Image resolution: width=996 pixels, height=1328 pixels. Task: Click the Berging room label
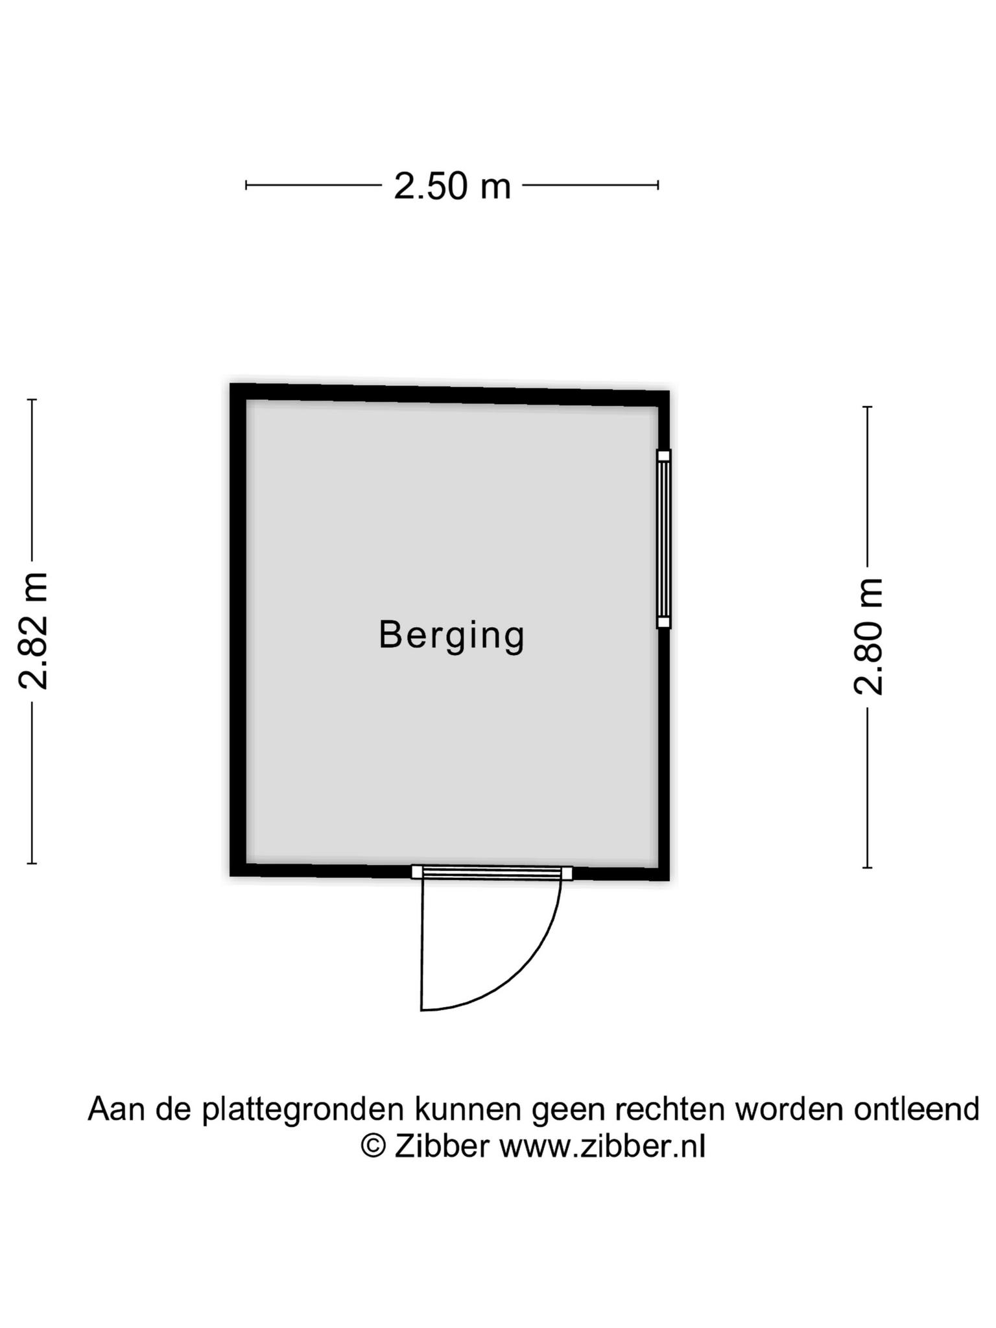[x=451, y=635]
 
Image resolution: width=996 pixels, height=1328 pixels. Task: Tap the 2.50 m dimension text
[x=453, y=186]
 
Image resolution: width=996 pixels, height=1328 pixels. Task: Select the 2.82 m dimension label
[x=33, y=631]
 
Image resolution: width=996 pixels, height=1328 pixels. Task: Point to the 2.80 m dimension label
[x=868, y=637]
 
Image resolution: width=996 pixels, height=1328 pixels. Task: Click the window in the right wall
[x=663, y=539]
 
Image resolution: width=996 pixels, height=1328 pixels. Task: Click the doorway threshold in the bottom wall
[x=492, y=873]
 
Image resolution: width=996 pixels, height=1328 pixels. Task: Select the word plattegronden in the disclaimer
[x=303, y=1109]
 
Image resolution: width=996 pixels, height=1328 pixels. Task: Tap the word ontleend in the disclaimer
[x=916, y=1109]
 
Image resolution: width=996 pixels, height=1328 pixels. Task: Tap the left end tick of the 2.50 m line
[x=246, y=185]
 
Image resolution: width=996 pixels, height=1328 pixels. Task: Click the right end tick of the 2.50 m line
[x=658, y=185]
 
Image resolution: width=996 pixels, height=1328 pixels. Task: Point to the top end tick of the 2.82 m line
[x=32, y=399]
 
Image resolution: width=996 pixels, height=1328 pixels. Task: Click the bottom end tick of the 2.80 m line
[x=867, y=868]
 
